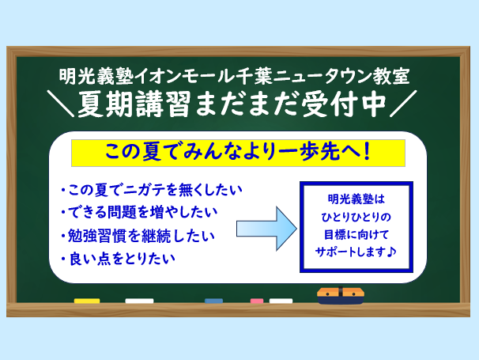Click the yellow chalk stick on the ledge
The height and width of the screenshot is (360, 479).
[x=87, y=301]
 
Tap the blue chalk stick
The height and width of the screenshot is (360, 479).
[x=213, y=301]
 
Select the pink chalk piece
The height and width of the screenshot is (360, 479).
[x=257, y=301]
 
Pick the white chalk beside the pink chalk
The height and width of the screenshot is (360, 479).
[x=281, y=301]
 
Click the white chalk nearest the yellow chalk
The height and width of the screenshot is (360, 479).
[x=139, y=301]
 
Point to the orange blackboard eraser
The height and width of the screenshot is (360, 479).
[x=341, y=295]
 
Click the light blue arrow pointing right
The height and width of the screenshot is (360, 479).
[x=266, y=229]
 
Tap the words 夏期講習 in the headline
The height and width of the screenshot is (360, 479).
[x=134, y=104]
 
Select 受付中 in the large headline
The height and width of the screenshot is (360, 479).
[x=344, y=104]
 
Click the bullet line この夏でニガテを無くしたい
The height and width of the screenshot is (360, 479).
[x=152, y=190]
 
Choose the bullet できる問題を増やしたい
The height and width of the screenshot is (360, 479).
[x=139, y=212]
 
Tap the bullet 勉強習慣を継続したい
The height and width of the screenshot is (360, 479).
[x=138, y=236]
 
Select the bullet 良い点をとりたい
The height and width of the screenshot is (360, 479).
[x=119, y=259]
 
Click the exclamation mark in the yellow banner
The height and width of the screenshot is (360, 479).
[x=368, y=152]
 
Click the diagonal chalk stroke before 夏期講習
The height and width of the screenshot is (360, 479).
[x=61, y=104]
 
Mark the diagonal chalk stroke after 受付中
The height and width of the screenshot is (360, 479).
[x=403, y=104]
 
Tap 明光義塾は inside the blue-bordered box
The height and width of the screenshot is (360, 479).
[x=356, y=199]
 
